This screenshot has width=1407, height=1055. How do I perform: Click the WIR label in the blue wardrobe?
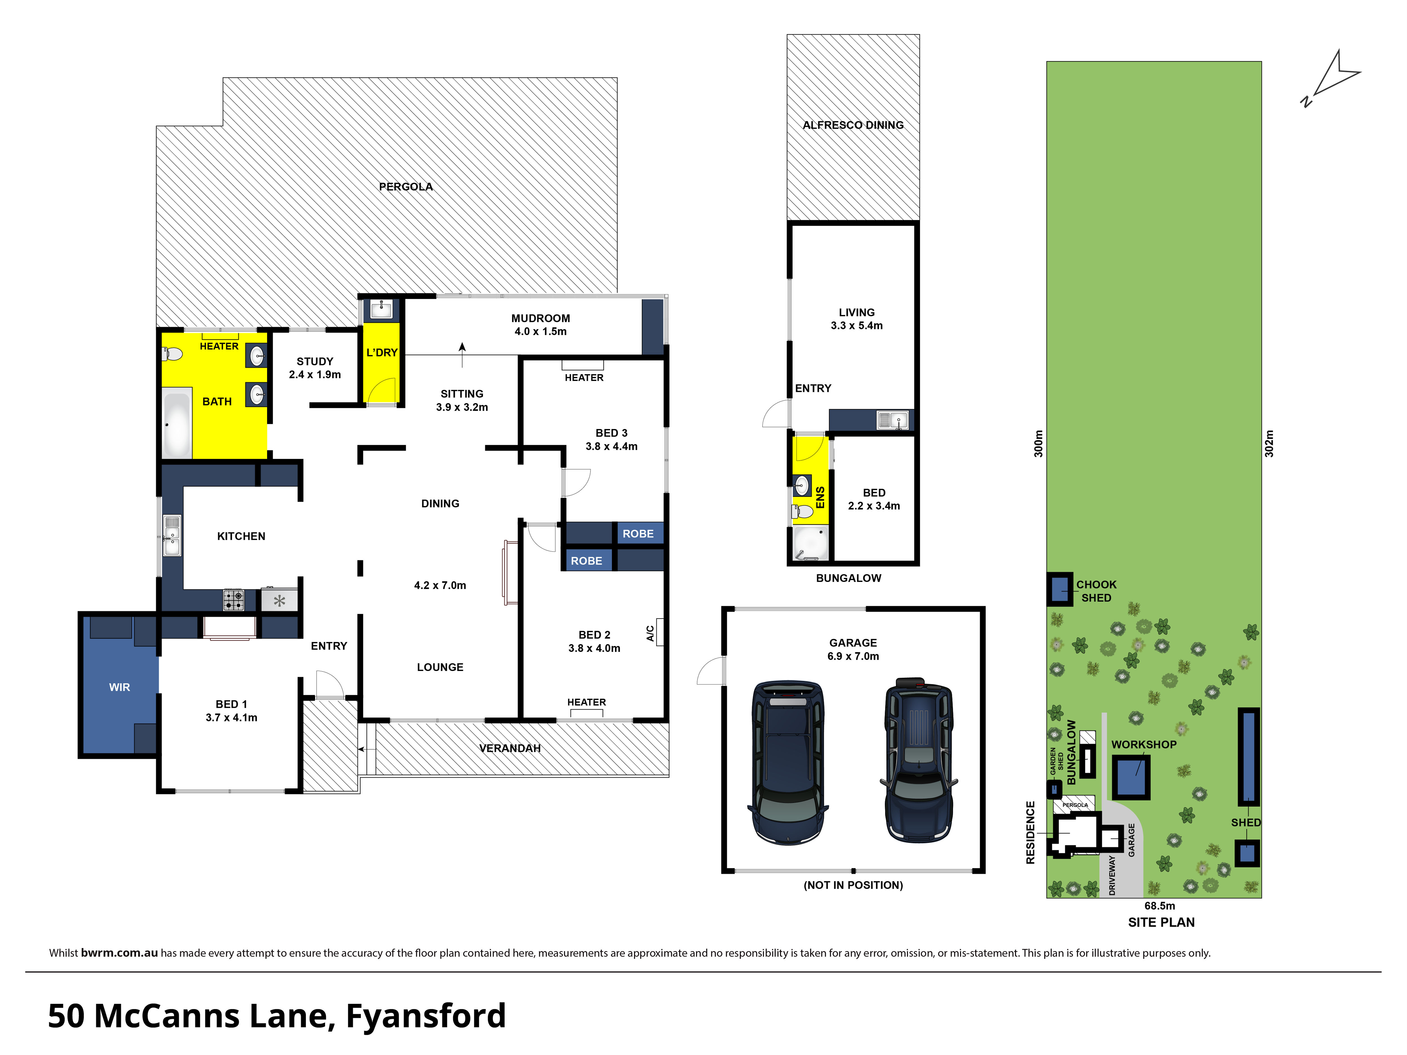pos(120,687)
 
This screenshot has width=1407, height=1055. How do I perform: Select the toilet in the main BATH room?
pos(172,354)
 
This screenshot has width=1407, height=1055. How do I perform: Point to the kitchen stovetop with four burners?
pos(233,600)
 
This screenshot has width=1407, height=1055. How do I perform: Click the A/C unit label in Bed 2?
pos(650,633)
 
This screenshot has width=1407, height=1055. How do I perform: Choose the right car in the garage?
pos(918,760)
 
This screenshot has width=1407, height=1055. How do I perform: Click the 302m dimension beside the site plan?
pos(1269,444)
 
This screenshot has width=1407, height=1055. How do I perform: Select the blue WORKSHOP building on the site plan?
pos(1131,777)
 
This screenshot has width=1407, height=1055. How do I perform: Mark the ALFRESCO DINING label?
pos(853,125)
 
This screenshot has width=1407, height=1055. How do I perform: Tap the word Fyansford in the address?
pos(426,1016)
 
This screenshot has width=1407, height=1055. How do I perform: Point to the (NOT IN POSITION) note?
pos(853,885)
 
